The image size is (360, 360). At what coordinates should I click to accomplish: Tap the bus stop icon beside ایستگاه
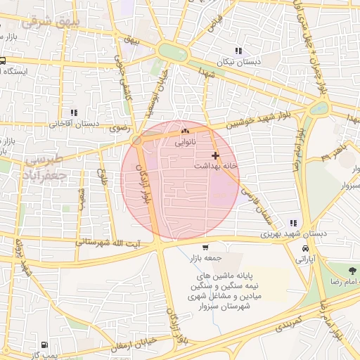coord(3,61)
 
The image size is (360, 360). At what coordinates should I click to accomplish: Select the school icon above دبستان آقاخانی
coord(73,112)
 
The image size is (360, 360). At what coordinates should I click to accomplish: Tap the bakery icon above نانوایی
coord(185,131)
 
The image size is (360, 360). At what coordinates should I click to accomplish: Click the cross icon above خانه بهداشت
coord(215,155)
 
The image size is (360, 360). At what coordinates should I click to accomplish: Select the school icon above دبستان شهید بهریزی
coord(293,223)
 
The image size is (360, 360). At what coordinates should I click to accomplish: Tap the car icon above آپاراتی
coord(305,249)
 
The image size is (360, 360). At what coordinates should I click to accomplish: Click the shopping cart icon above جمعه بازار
coord(205,247)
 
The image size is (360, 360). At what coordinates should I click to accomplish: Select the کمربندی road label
coord(289,328)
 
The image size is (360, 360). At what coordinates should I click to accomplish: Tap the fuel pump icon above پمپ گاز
coord(44,345)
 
